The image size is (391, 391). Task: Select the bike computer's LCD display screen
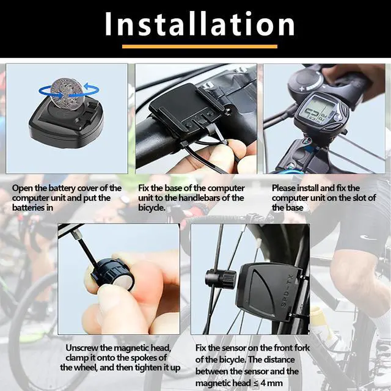(x=320, y=112)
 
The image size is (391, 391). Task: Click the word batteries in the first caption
(x=29, y=208)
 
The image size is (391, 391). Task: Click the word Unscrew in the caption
(x=81, y=348)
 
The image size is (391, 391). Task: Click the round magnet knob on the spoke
(x=221, y=278)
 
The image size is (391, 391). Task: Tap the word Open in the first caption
(x=23, y=188)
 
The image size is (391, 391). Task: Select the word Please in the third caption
(x=285, y=188)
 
